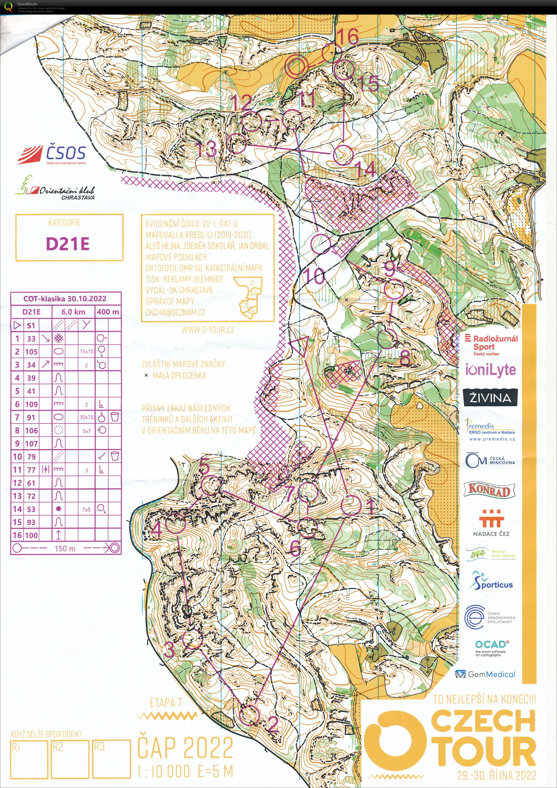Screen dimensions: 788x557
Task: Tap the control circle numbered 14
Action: click(343, 155)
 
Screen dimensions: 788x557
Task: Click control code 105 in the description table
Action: click(31, 352)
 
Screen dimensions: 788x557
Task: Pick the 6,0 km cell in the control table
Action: click(73, 312)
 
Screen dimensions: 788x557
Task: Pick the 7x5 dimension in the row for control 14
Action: click(86, 510)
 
